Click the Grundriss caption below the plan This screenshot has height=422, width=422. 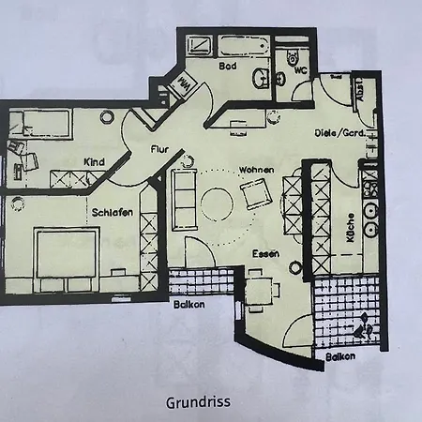tap(198, 403)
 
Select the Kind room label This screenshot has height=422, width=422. tap(93, 160)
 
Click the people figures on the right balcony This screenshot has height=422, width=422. tap(362, 329)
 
